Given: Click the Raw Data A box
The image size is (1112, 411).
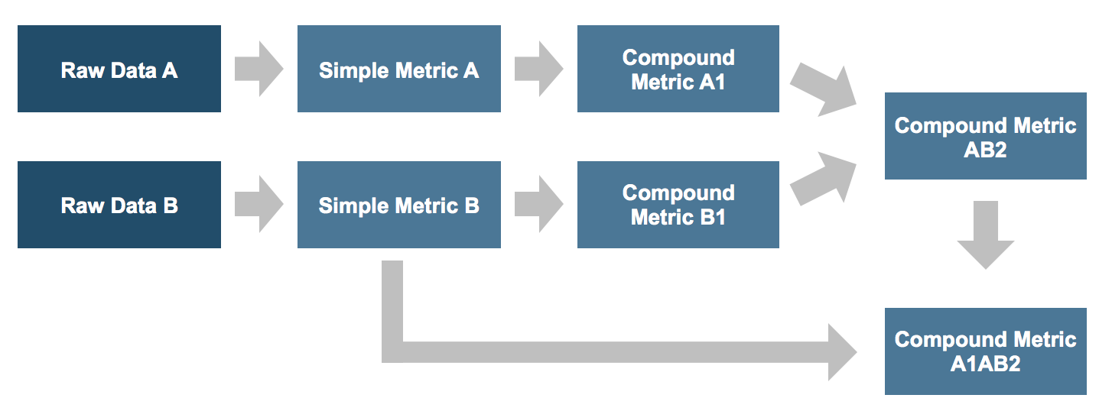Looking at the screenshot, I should click(119, 69).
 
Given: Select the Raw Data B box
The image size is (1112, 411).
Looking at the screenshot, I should click(119, 205).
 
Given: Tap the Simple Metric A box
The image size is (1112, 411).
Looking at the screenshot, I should click(398, 69).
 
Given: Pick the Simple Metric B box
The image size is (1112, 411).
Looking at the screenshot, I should click(398, 205).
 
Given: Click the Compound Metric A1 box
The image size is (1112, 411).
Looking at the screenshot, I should click(678, 69).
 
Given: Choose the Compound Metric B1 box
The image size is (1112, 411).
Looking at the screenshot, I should click(678, 205).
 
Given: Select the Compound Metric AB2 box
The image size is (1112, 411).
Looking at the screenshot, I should click(985, 136).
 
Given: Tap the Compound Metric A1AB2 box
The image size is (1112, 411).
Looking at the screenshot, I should click(985, 351).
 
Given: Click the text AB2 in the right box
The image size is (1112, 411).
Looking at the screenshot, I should click(985, 149).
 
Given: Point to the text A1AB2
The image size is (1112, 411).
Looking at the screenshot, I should click(985, 364).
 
